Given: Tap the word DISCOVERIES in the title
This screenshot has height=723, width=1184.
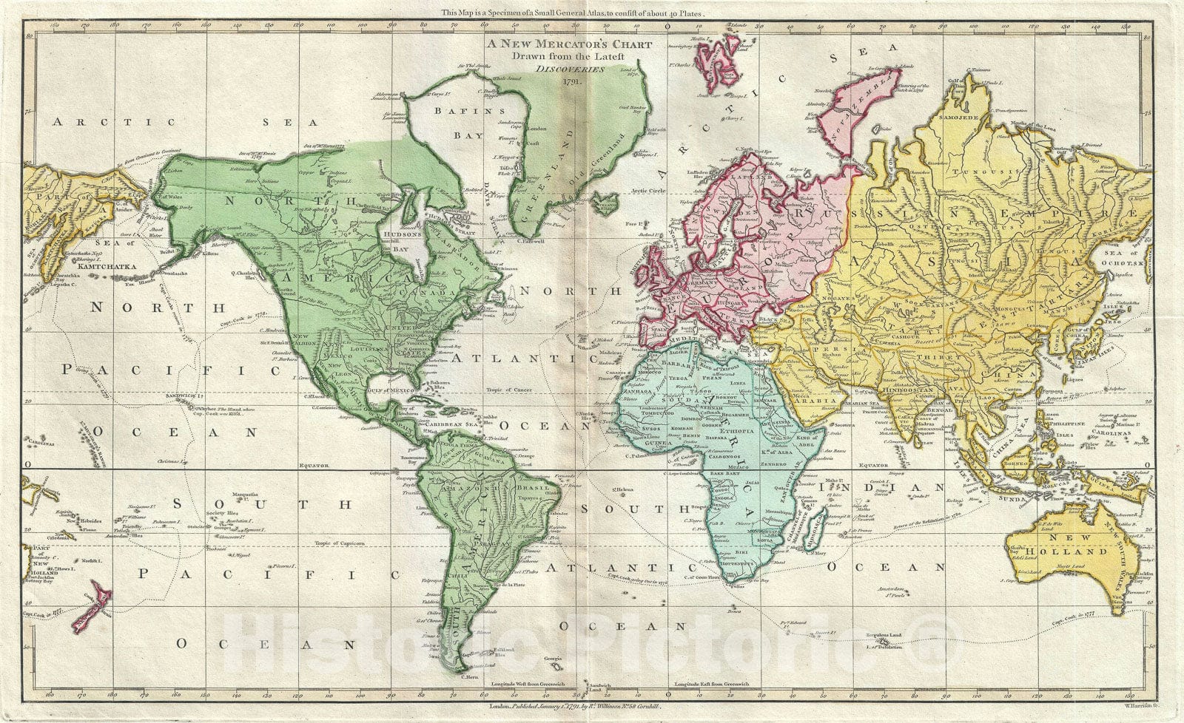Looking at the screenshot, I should [569, 68].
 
